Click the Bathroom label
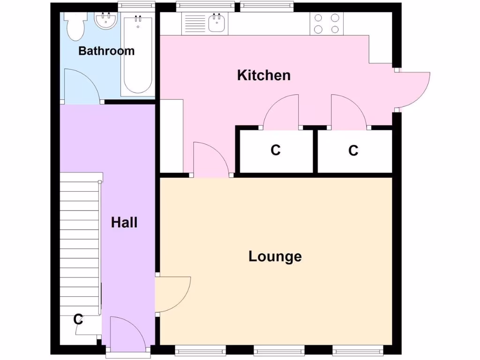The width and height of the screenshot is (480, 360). point(106,51)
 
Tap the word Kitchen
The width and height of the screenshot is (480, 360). point(263,75)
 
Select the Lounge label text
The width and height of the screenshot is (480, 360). point(275,256)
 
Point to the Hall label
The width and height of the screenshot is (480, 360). point(124,222)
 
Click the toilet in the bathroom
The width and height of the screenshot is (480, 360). point(75,26)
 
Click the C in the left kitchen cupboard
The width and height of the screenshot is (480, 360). point(275,150)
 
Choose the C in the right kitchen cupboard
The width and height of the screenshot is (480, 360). point(353,150)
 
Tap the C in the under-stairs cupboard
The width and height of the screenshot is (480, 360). point(78,320)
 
